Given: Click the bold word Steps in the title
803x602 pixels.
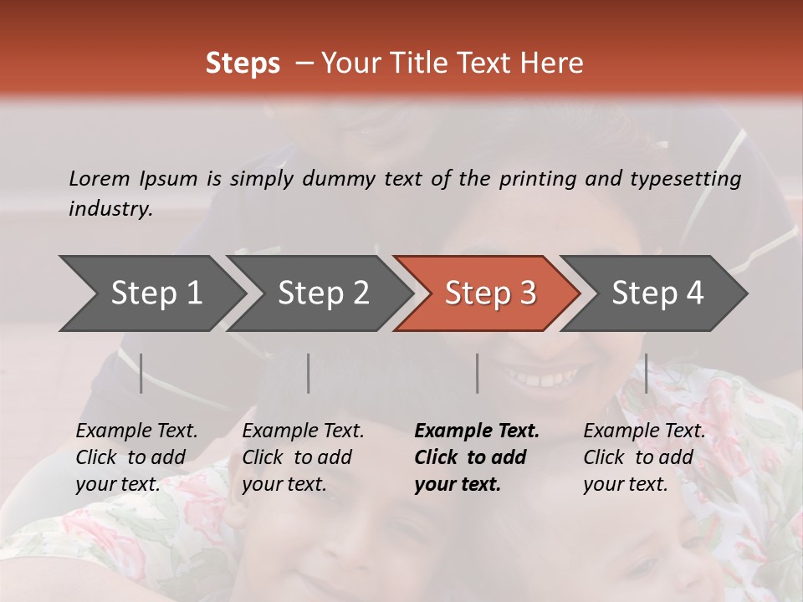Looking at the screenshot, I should [x=243, y=64].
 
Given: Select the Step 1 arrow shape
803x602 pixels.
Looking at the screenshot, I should [x=155, y=293].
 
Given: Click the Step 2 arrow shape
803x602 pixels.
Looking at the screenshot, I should [x=322, y=293].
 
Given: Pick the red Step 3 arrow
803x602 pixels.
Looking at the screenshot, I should [x=489, y=293].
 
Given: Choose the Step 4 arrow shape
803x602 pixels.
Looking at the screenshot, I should [x=657, y=293].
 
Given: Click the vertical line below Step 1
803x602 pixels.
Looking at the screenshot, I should [x=141, y=373].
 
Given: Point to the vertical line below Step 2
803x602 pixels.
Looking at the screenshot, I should [x=309, y=373].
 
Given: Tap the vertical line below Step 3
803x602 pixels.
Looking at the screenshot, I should [x=478, y=373].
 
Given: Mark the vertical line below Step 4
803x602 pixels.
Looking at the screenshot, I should [x=647, y=373].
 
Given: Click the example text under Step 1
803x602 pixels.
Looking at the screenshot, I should [x=136, y=457].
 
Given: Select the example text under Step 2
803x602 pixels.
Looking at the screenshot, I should [x=303, y=457].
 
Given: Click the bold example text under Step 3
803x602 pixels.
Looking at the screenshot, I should [x=477, y=457].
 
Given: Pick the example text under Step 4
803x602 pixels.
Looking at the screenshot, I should [x=644, y=457].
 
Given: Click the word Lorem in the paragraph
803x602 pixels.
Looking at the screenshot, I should [x=99, y=178].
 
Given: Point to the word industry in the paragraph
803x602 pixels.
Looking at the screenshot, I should [x=110, y=209].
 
